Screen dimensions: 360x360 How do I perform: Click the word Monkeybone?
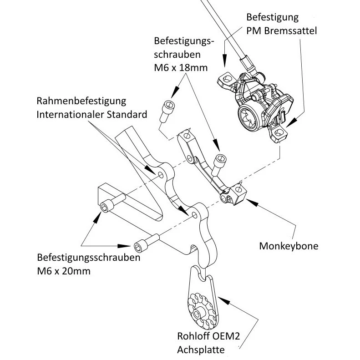click(x=288, y=246)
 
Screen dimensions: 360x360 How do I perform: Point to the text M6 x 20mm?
click(x=64, y=271)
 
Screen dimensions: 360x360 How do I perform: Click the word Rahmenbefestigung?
click(x=81, y=100)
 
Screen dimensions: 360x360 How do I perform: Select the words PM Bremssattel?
click(x=281, y=31)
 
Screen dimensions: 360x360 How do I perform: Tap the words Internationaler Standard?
click(x=91, y=114)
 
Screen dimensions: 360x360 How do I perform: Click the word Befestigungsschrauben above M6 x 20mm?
click(x=88, y=258)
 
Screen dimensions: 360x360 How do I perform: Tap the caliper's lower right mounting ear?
click(x=279, y=133)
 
